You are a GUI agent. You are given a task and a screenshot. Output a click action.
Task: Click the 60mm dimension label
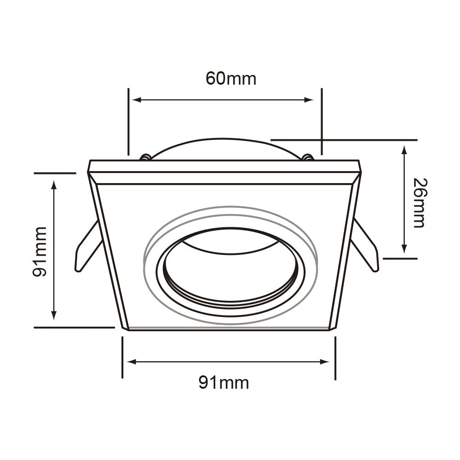point(230,79)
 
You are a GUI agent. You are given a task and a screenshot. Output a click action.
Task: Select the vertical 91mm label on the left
point(40,252)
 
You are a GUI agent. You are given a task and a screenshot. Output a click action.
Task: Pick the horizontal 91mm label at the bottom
point(224,383)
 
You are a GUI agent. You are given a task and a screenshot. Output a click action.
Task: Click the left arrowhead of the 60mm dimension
point(137,100)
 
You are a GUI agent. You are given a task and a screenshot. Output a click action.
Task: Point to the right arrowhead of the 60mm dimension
point(309,100)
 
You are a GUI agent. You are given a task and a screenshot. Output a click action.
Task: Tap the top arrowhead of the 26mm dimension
point(404,149)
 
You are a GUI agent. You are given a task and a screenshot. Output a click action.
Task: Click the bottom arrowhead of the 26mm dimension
point(404,249)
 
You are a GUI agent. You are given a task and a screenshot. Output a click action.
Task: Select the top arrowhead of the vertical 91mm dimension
point(54,185)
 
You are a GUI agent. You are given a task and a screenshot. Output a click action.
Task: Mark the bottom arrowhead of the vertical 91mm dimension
point(54,315)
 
